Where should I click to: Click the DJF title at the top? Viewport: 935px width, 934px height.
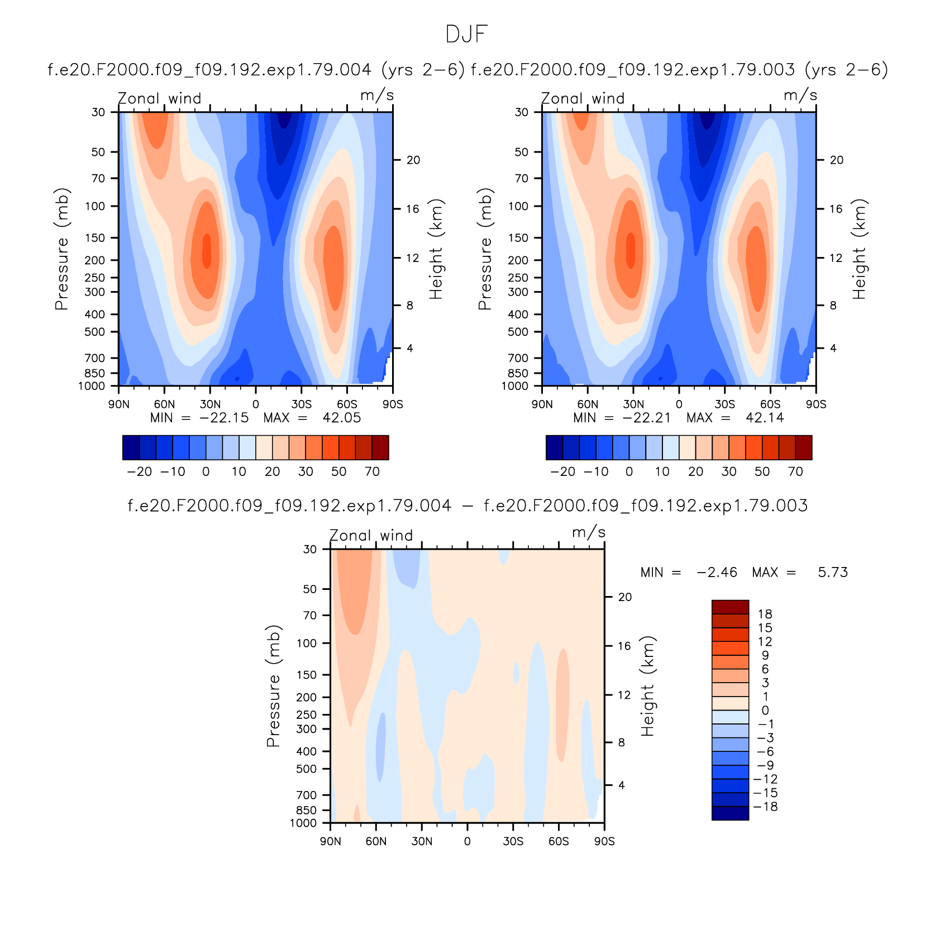(x=467, y=35)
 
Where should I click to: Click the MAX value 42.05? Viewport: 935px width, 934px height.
(x=342, y=418)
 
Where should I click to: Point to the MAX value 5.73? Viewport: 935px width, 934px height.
(x=833, y=573)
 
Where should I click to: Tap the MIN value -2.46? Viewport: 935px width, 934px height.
(x=717, y=573)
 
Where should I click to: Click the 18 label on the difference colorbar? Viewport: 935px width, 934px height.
(x=765, y=614)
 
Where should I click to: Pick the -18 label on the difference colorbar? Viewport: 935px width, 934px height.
(x=765, y=807)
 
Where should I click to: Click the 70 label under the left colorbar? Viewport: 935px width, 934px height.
(x=373, y=471)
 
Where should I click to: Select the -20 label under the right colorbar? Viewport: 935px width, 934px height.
(x=562, y=471)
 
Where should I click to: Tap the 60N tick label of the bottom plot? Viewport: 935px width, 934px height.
(x=376, y=841)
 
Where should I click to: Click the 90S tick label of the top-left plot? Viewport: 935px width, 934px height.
(x=393, y=404)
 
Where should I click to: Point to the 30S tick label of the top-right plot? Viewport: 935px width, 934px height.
(x=725, y=404)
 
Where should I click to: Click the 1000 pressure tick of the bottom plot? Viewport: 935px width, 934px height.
(x=303, y=823)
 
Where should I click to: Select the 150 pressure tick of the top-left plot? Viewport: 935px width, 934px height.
(x=95, y=238)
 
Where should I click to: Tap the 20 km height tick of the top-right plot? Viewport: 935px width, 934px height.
(x=836, y=160)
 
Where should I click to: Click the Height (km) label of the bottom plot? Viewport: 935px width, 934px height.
(x=647, y=686)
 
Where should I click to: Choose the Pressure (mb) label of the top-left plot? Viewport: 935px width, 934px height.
(x=61, y=249)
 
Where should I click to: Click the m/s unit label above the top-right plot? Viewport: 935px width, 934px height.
(x=800, y=96)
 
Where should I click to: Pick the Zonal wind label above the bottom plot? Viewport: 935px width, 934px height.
(x=371, y=535)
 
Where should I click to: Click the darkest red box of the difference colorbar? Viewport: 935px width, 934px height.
(x=730, y=607)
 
